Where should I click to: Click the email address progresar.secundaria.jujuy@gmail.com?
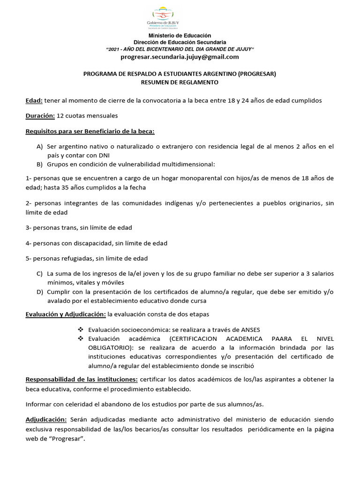[x=180, y=57]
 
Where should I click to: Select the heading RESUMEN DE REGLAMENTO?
[x=180, y=82]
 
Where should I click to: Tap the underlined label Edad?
[x=34, y=101]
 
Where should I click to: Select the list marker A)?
[x=40, y=147]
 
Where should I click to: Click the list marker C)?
[x=40, y=273]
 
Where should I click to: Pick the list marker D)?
[x=40, y=292]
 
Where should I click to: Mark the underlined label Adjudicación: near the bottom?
[x=46, y=420]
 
